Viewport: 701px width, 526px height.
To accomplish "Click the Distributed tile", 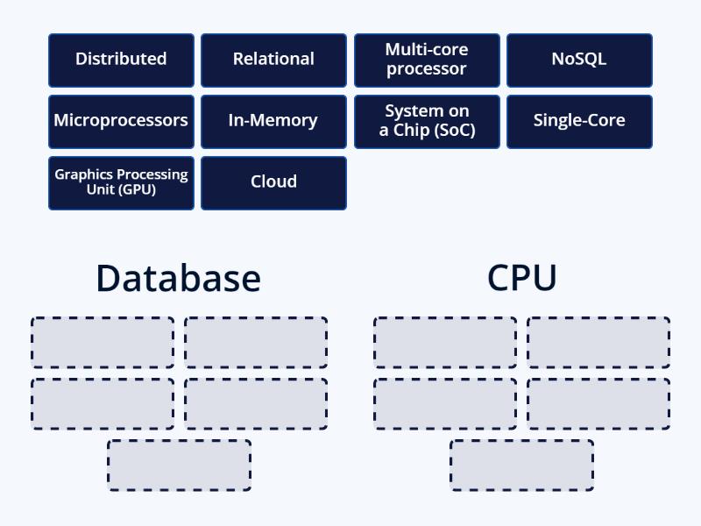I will [x=121, y=60].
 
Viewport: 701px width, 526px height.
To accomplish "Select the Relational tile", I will [x=273, y=60].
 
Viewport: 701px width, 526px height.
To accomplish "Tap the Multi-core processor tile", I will [x=427, y=60].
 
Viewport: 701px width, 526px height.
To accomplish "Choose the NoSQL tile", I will [x=579, y=60].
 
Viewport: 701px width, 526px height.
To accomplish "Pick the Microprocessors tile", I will [x=121, y=121].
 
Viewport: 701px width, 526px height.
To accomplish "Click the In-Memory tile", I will [x=273, y=121].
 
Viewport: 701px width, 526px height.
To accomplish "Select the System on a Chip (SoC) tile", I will [x=427, y=121].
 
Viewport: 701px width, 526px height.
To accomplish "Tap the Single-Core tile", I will [x=579, y=121].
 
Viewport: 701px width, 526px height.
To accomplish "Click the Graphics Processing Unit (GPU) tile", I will [x=121, y=182].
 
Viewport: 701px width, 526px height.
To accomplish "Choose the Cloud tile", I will [x=273, y=182].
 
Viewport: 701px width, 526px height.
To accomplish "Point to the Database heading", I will [x=178, y=278].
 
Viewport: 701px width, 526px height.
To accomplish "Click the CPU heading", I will [x=522, y=278].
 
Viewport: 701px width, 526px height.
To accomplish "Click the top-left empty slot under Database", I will [x=103, y=342].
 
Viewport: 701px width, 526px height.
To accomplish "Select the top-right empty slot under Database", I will [x=256, y=342].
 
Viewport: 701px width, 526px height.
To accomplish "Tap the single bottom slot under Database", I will [x=180, y=465].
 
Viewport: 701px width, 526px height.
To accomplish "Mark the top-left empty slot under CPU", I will [x=445, y=342].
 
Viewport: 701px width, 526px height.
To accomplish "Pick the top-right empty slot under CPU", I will [x=598, y=342].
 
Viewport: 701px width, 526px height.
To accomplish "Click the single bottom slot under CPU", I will [x=522, y=465].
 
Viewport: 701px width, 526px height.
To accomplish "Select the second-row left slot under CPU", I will [x=445, y=403].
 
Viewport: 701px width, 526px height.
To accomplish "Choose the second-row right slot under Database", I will [x=256, y=403].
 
